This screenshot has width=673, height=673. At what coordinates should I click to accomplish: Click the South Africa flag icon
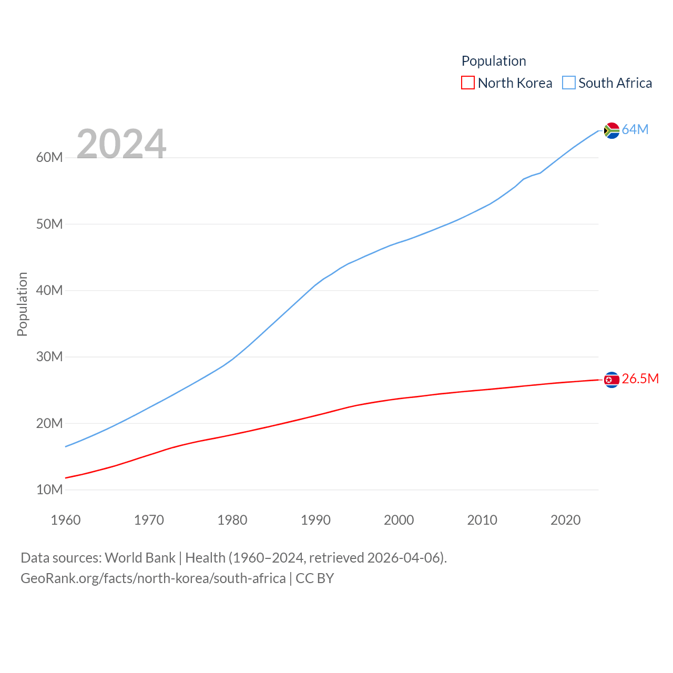pos(611,130)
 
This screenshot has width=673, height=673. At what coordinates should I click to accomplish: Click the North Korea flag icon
pos(611,380)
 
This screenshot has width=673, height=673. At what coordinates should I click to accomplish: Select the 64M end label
pos(635,129)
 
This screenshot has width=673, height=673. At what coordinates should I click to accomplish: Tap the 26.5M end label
pos(640,379)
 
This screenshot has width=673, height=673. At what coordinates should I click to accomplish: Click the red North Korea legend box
pos(467,83)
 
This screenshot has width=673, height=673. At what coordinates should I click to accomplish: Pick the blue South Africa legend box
pos(569,83)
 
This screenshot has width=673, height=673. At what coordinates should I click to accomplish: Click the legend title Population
pos(494,61)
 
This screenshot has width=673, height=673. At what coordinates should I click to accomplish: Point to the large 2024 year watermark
pos(121,144)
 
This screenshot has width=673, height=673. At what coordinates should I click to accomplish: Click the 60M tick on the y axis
pos(49,157)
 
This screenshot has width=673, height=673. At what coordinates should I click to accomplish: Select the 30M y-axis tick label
pos(49,356)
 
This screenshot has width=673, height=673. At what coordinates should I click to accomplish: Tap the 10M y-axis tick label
pos(49,490)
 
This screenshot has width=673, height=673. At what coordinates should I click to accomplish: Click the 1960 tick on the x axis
pos(66,520)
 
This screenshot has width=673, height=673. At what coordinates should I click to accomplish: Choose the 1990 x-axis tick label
pos(315,520)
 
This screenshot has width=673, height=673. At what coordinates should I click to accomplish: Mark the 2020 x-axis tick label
pos(565,520)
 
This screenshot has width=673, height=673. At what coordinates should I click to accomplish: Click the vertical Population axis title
pos(22,304)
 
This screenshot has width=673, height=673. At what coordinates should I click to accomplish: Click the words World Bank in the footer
pos(140,557)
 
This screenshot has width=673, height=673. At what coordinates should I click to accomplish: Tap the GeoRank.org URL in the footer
pos(153,578)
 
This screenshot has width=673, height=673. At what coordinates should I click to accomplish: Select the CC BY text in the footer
pos(314,578)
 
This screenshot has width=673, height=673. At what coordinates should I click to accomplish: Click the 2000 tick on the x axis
pos(399,520)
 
